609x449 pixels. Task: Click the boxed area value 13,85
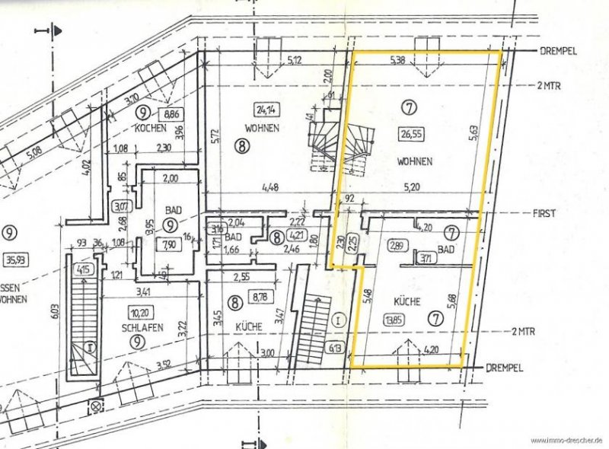point(394,319)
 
